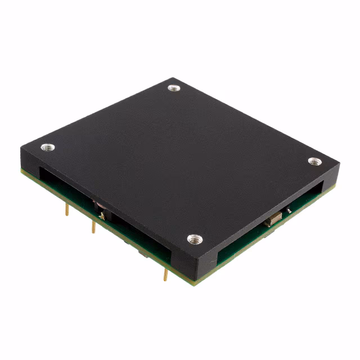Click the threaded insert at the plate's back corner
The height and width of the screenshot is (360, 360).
pyautogui.click(x=174, y=88)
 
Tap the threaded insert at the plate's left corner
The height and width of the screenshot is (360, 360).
pyautogui.click(x=48, y=147)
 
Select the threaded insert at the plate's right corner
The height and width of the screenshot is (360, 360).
pyautogui.click(x=315, y=161)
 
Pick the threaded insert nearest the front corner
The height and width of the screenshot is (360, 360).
pyautogui.click(x=194, y=239)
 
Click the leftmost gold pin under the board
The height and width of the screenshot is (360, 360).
pyautogui.click(x=67, y=209)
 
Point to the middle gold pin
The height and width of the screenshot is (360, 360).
pyautogui.click(x=93, y=227)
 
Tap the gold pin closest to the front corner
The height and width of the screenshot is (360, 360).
pyautogui.click(x=165, y=274)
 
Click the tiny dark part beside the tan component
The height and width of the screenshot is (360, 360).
pyautogui.click(x=288, y=210)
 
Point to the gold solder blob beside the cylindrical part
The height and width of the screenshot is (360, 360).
pyautogui.click(x=101, y=215)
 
